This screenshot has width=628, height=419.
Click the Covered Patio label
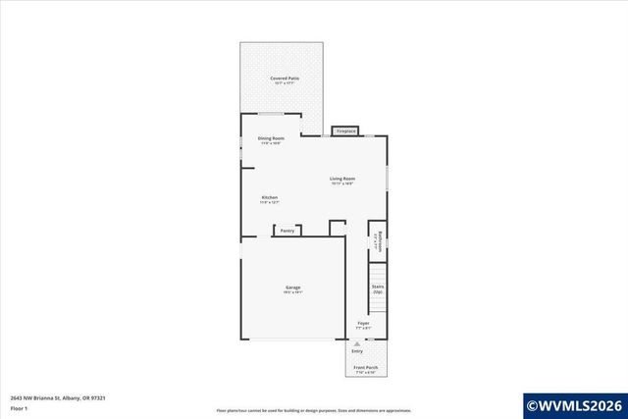click(x=286, y=78)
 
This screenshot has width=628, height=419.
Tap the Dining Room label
click(x=271, y=138)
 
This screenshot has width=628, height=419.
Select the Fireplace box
click(x=345, y=131)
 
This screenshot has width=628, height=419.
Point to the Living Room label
click(x=341, y=178)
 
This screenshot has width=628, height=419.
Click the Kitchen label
click(x=270, y=197)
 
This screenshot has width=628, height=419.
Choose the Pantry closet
click(x=287, y=231)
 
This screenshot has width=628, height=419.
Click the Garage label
click(x=293, y=287)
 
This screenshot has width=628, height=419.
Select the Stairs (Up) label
click(x=377, y=288)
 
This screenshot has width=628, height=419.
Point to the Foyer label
click(x=363, y=323)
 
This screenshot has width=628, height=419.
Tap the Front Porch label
click(x=365, y=368)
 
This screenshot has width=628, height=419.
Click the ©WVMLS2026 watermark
click(x=574, y=403)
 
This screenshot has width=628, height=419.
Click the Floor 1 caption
click(x=20, y=407)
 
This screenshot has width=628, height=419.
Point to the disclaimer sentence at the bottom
click(x=314, y=410)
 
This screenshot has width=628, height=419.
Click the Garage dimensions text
click(x=293, y=292)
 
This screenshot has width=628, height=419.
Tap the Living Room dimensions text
click(x=341, y=183)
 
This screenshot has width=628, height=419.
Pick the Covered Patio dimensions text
click(x=286, y=83)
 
